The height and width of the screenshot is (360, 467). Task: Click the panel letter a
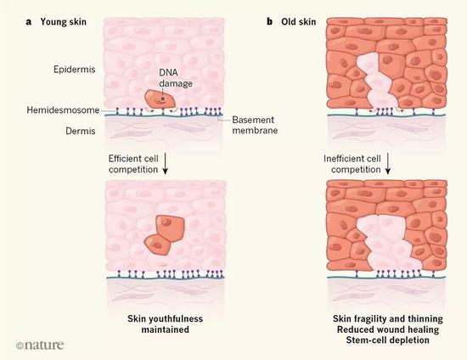[29, 22]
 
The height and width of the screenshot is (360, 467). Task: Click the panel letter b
[269, 22]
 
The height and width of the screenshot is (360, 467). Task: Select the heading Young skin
[64, 22]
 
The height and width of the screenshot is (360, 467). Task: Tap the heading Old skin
[298, 22]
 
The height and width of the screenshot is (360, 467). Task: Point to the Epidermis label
[75, 70]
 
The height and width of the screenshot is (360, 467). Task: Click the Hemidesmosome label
[63, 110]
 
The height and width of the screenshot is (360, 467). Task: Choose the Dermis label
[81, 131]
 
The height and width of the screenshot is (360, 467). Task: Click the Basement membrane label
[255, 125]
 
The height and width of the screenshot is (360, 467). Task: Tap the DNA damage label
[176, 78]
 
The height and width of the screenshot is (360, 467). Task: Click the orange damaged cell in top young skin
[160, 98]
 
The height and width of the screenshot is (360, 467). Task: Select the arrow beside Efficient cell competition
[165, 164]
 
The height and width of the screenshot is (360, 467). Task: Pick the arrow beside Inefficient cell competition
[387, 164]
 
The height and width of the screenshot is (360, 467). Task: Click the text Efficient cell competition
[133, 164]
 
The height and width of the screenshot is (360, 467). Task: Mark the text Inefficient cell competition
[352, 164]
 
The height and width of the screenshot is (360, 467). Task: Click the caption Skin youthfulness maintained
[166, 324]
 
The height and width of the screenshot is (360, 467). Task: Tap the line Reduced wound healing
[388, 329]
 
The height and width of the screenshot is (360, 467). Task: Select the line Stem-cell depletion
[388, 340]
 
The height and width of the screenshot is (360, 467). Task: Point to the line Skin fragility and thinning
[388, 319]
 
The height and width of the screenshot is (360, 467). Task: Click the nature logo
[40, 345]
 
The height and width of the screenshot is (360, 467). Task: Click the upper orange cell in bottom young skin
[171, 228]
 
